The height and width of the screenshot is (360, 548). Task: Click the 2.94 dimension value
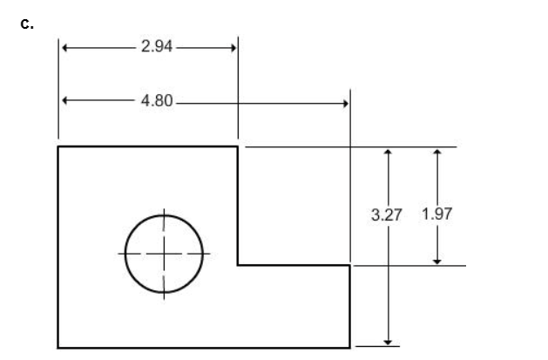coord(157,46)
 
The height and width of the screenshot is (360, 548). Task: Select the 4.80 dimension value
coord(157,102)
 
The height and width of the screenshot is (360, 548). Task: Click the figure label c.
coord(25,24)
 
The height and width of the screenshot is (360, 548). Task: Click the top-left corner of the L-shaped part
coord(58,147)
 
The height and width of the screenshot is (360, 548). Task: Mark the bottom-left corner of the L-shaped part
coord(58,347)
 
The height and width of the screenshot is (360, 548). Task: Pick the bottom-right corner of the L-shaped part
coord(350,347)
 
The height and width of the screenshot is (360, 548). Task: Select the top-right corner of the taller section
coord(238,147)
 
